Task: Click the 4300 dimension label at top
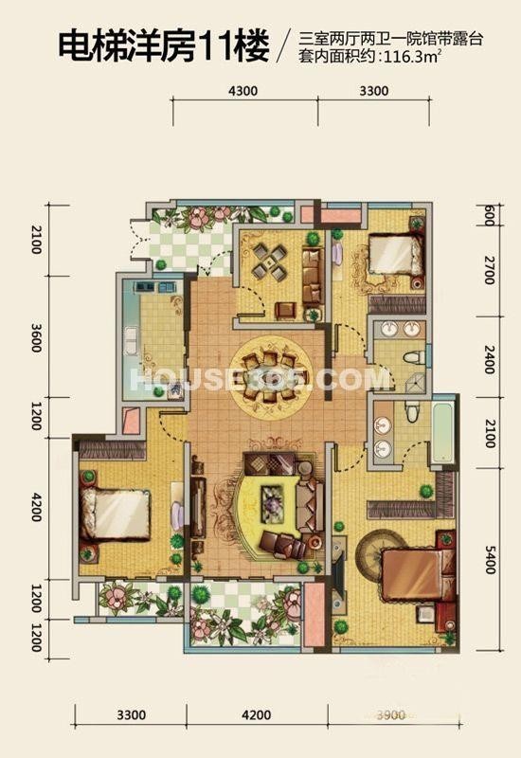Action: point(243,91)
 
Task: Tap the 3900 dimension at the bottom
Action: point(390,714)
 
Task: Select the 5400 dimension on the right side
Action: point(490,559)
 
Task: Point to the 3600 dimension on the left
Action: point(36,337)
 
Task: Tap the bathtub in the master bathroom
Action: point(443,433)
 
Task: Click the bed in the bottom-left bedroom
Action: point(115,514)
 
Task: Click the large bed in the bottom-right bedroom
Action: point(418,575)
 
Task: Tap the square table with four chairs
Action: point(270,262)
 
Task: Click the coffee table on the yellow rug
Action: point(274,504)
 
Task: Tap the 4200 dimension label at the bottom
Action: point(256,714)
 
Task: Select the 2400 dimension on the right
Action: point(490,358)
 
